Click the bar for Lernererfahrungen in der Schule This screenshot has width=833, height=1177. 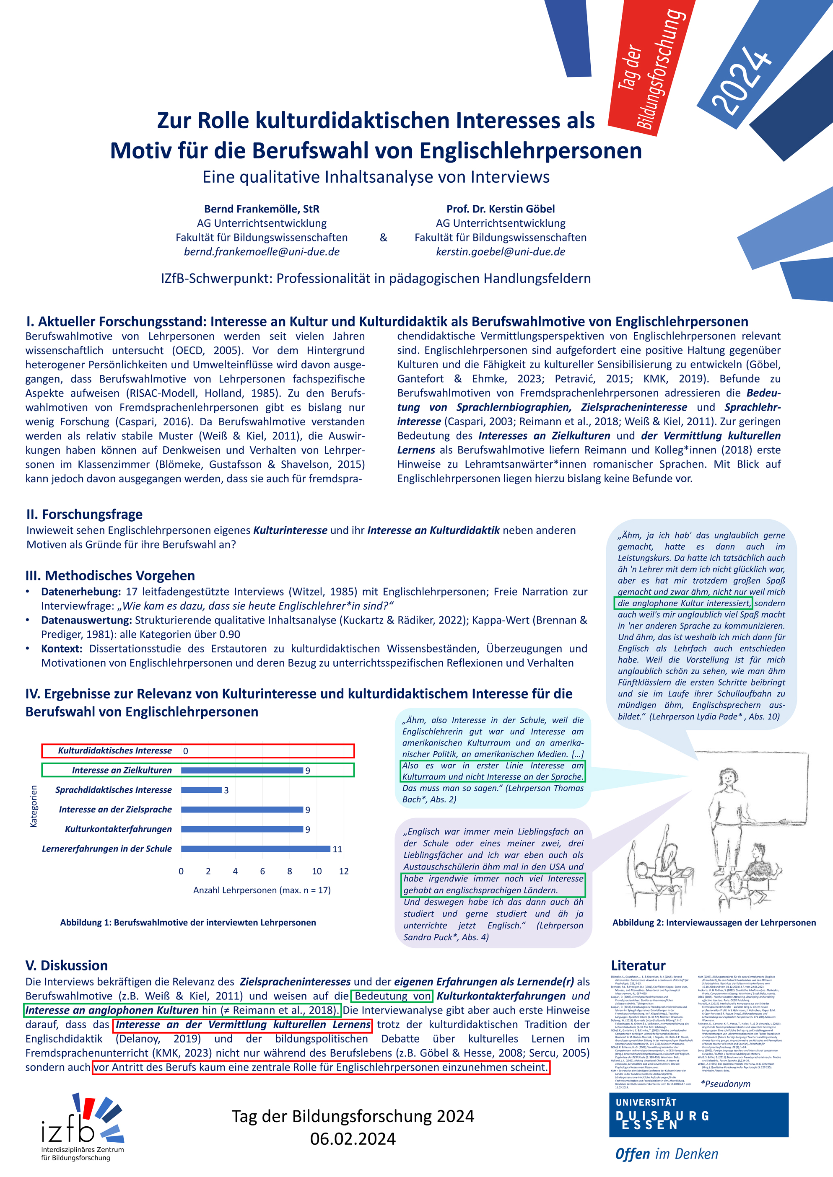(255, 849)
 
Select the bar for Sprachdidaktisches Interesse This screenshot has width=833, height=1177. (201, 790)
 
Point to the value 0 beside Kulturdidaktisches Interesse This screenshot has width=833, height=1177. (186, 751)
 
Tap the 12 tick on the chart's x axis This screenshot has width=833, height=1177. (344, 871)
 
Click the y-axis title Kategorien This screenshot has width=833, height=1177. (34, 806)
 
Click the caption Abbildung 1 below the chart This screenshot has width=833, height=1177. (188, 923)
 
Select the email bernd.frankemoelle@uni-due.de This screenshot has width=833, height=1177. (262, 252)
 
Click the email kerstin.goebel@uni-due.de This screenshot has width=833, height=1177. (501, 252)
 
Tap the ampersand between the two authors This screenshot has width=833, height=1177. (383, 237)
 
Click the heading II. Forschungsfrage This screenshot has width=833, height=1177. (85, 514)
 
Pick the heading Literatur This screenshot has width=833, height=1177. (638, 966)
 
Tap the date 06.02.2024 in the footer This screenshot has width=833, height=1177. (353, 1139)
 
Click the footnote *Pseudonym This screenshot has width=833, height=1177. (725, 1084)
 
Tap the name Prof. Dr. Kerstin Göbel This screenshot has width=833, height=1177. (501, 209)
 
